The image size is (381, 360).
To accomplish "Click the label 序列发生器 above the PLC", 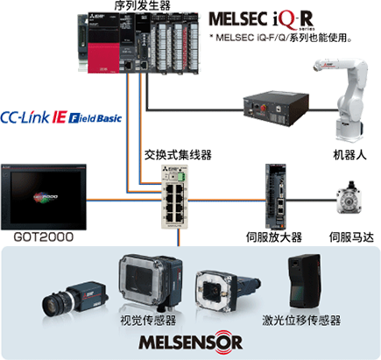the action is tap(142, 5).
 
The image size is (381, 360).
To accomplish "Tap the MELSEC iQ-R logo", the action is tap(261, 19).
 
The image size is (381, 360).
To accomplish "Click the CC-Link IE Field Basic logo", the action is tap(60, 117).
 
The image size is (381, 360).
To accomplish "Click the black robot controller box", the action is tap(276, 108).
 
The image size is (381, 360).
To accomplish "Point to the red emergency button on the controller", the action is tap(263, 108).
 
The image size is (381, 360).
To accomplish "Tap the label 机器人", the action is tap(349, 154).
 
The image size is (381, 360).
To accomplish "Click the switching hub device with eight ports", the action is tap(175, 196).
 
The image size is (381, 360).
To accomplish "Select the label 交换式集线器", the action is tap(178, 155).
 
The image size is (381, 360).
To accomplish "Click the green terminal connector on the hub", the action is tap(182, 177).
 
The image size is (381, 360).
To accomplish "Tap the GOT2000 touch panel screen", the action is tap(44, 197).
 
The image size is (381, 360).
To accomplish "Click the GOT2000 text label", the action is tap(44, 236).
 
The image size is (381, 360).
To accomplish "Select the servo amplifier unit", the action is tap(275, 196).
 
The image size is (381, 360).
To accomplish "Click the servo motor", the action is tap(349, 198).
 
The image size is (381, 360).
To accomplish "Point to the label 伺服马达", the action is tap(351, 237).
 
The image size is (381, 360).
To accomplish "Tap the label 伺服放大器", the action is tap(273, 237).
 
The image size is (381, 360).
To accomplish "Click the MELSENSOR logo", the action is tap(190, 342).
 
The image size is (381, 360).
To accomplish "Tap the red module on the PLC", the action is tap(103, 58).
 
